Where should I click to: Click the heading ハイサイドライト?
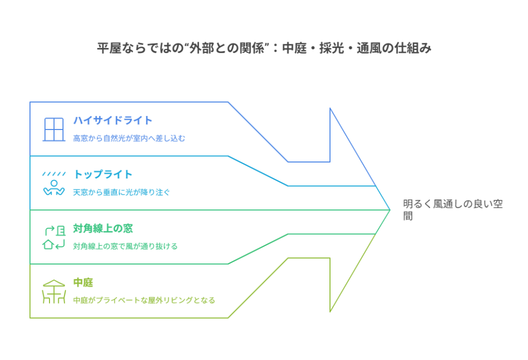(113, 121)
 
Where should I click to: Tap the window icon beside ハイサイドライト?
(54, 129)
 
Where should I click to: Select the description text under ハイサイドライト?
(128, 138)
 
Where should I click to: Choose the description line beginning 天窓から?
(121, 192)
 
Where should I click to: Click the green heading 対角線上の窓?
(104, 228)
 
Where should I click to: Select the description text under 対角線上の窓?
(125, 247)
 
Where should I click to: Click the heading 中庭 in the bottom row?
(83, 283)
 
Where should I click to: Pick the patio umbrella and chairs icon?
(54, 291)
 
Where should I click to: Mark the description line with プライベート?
(144, 300)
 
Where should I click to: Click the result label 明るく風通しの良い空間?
(452, 209)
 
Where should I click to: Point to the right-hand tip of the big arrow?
(389, 210)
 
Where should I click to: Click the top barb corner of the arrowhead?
(330, 108)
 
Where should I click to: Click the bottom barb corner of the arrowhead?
(330, 312)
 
